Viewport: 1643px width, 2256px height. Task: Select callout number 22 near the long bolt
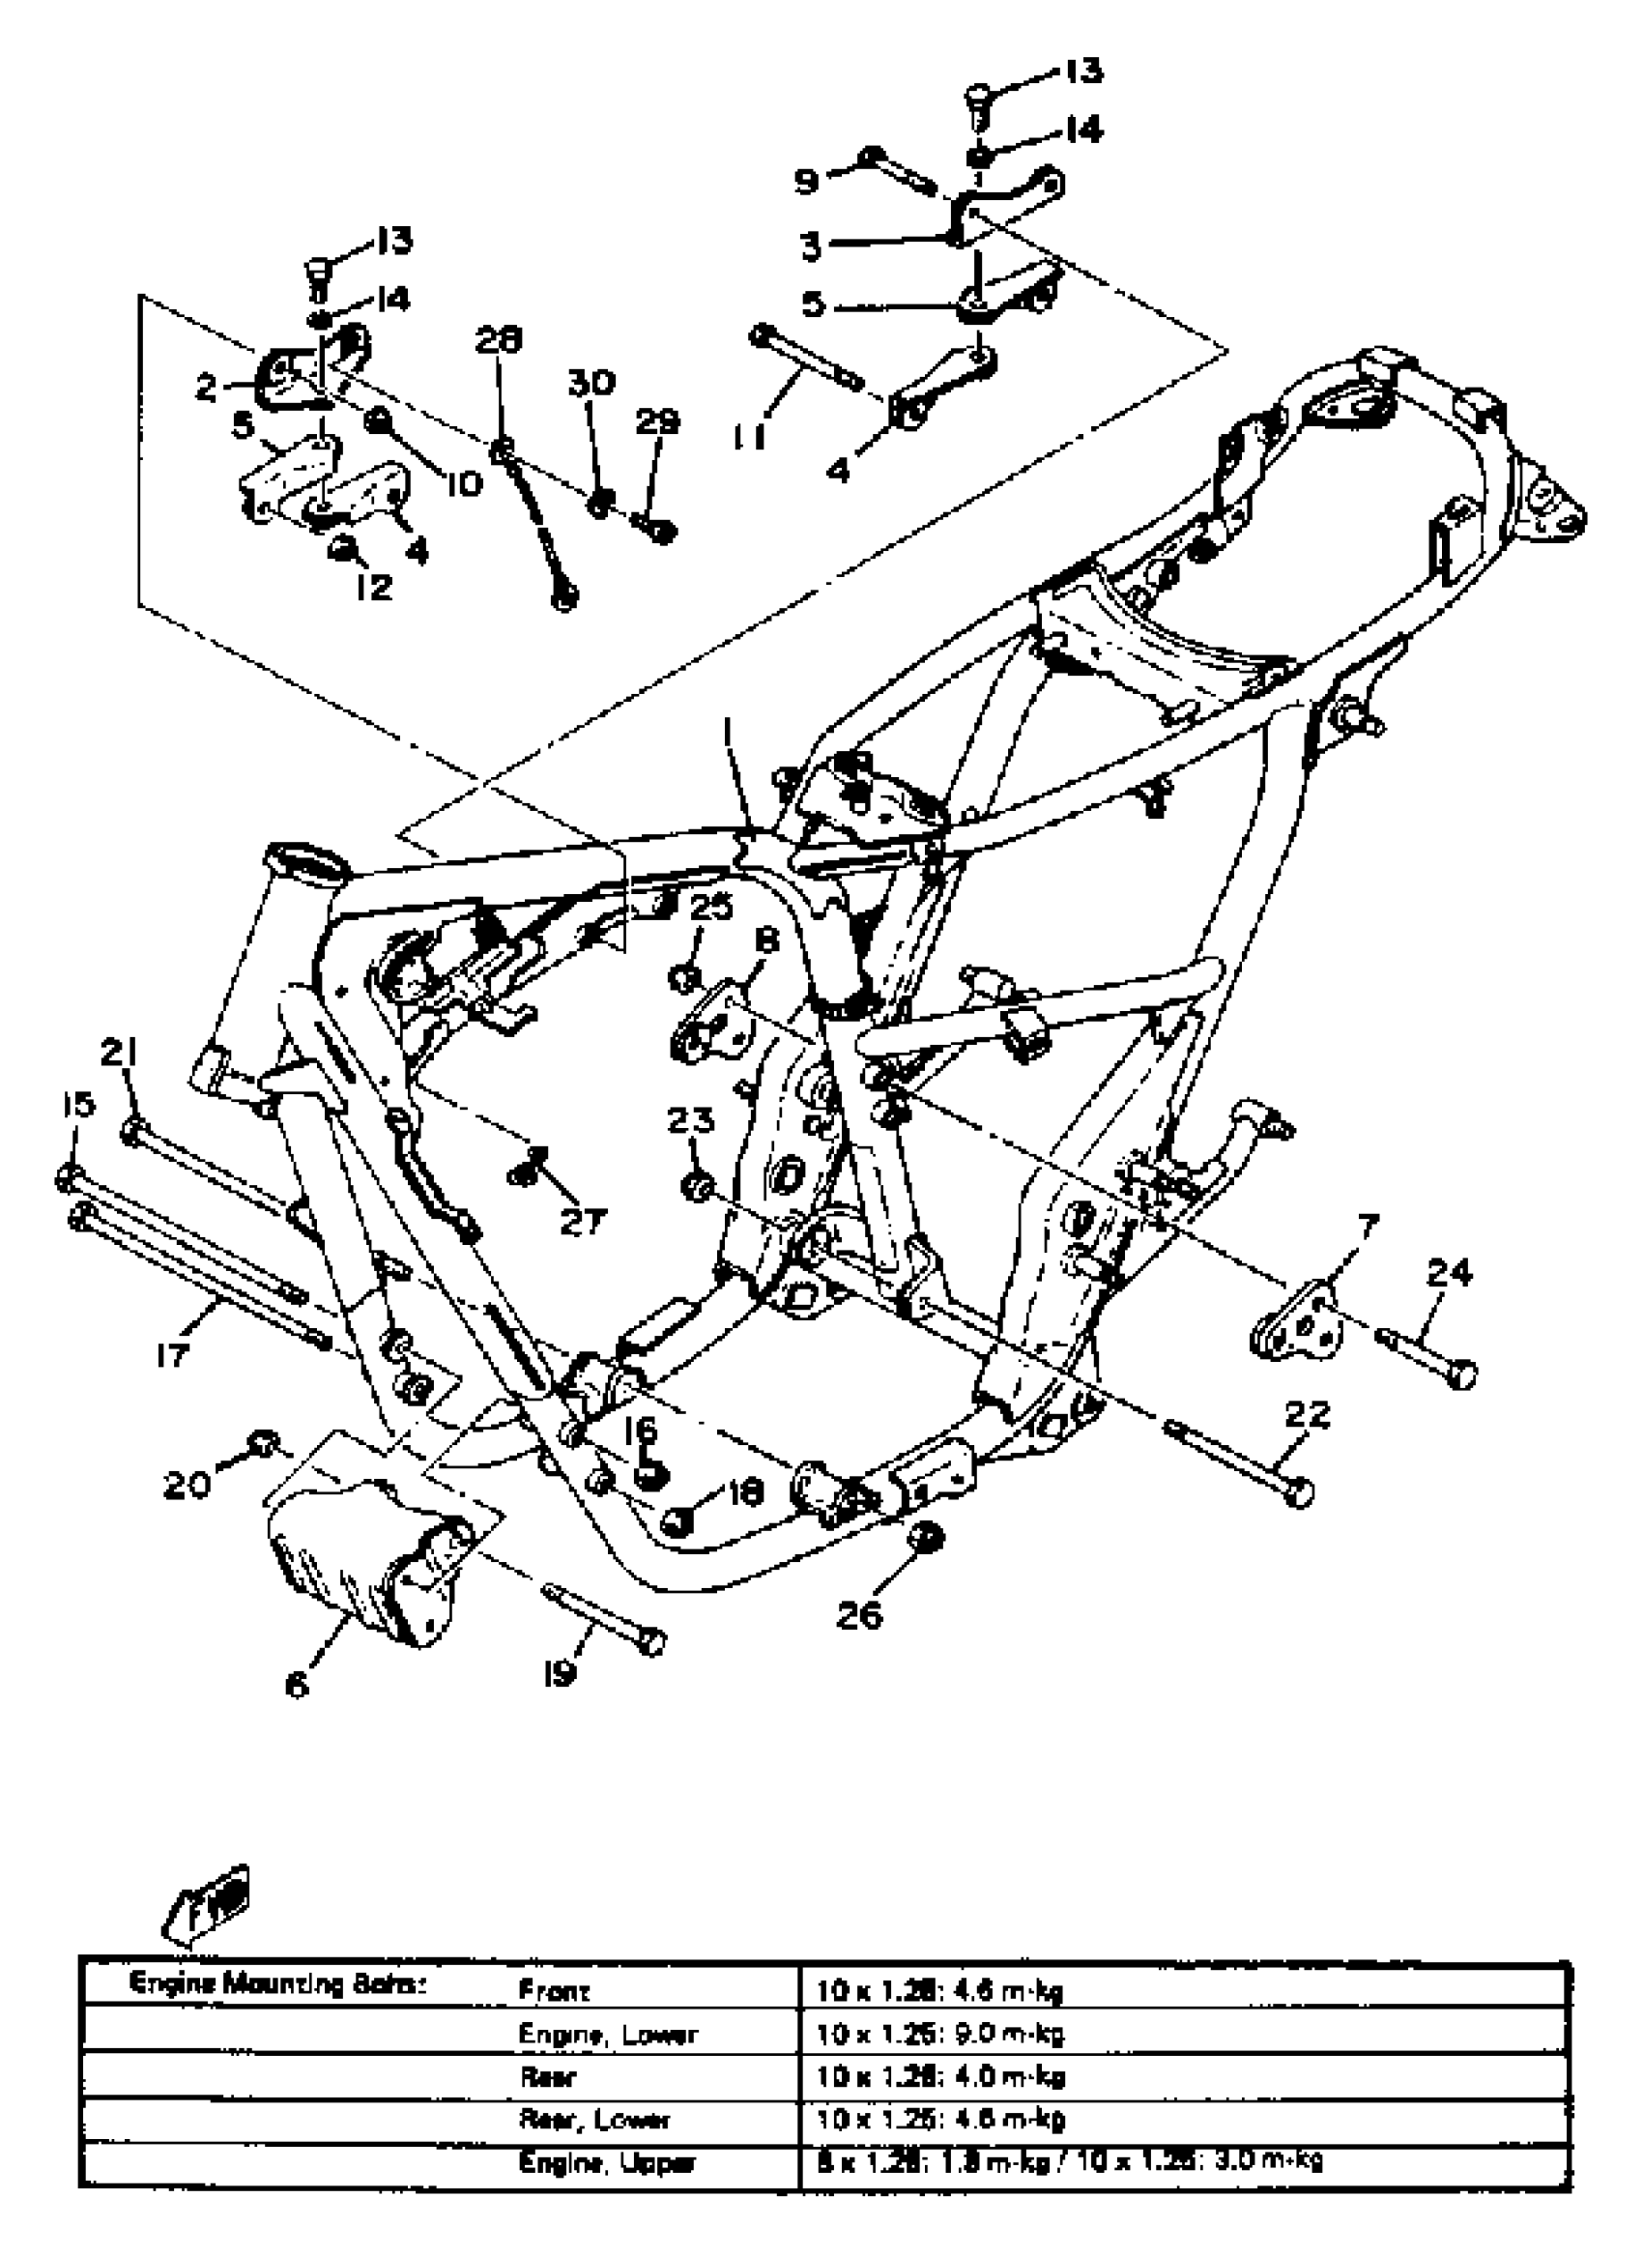pos(1307,1414)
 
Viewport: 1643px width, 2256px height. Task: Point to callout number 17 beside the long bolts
pos(173,1354)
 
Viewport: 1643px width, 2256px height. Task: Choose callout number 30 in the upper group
pos(591,383)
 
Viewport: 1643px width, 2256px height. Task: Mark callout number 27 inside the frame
pos(583,1222)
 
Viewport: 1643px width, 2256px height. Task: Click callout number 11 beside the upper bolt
pos(751,435)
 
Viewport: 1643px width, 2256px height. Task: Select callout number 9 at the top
pos(807,181)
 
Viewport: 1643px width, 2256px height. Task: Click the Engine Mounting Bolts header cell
pos(278,1985)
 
